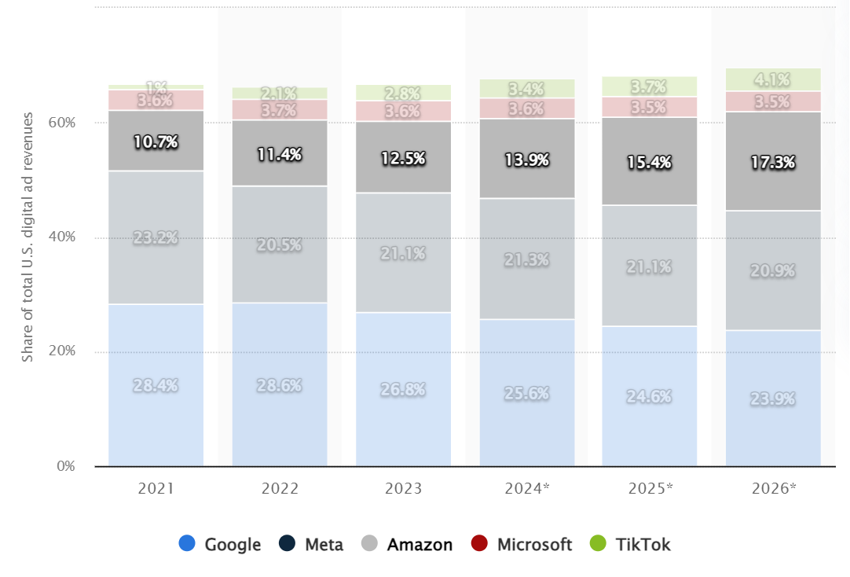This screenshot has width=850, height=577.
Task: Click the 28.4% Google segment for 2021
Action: click(x=156, y=385)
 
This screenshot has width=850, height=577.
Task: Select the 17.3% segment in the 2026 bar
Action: click(x=773, y=162)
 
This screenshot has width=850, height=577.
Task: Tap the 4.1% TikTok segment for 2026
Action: click(x=773, y=79)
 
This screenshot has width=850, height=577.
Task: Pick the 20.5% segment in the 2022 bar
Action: click(x=279, y=244)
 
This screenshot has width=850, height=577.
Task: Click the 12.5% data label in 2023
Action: click(x=403, y=158)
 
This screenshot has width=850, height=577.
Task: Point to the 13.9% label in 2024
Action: click(x=527, y=160)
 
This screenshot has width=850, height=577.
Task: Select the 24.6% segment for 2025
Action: click(x=649, y=396)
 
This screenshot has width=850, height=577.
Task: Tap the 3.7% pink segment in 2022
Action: click(x=279, y=110)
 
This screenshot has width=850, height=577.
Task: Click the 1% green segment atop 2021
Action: click(x=156, y=86)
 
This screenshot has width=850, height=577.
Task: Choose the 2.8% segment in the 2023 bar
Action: click(x=403, y=93)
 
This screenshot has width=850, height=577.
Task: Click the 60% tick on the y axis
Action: click(x=64, y=123)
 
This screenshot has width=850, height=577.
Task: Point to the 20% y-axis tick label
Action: click(x=64, y=351)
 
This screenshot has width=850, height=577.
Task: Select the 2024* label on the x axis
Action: click(x=527, y=488)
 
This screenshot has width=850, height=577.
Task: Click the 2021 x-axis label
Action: click(x=156, y=488)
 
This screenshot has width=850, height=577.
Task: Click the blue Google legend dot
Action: click(x=187, y=544)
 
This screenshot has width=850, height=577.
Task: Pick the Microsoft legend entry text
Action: click(x=534, y=544)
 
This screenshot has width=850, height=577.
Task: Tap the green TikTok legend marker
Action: click(x=598, y=544)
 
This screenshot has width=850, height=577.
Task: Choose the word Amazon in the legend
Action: click(x=420, y=544)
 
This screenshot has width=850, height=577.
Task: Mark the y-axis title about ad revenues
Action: click(x=28, y=237)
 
